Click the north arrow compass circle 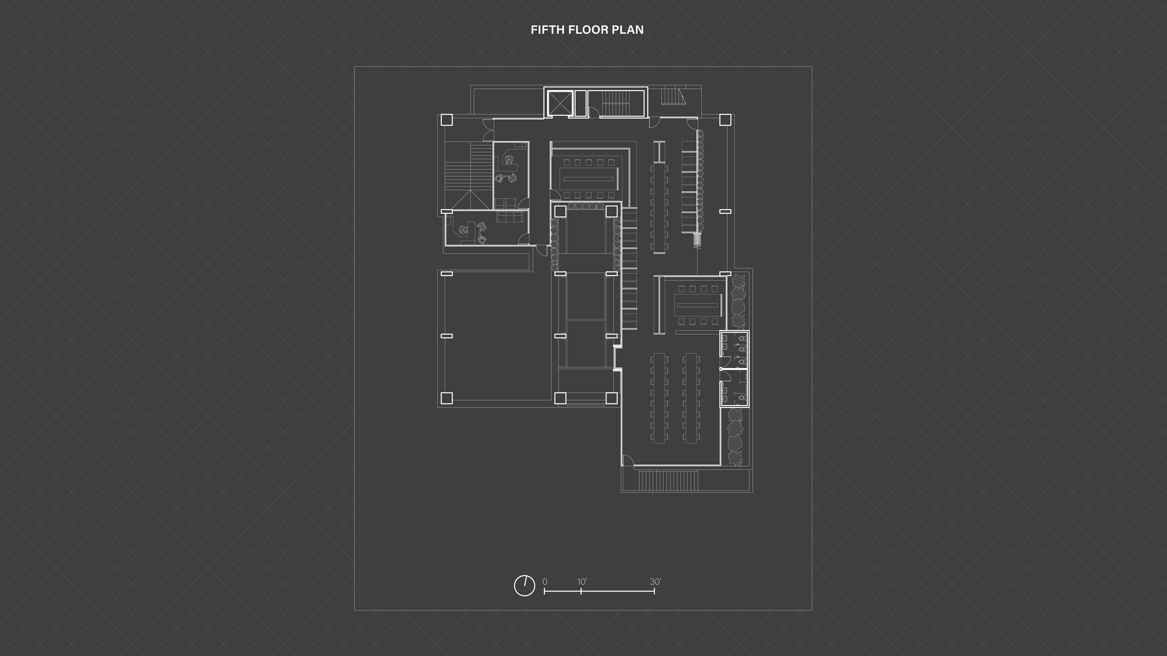pos(524,586)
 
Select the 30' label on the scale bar pos(656,582)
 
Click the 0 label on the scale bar pos(545,582)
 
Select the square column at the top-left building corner pos(446,120)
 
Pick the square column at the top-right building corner pos(725,120)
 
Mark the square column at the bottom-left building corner pos(446,398)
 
